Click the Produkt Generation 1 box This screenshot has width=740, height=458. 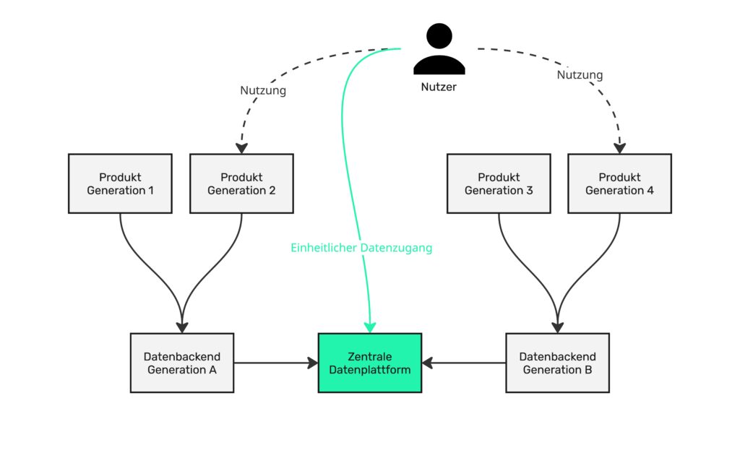pyautogui.click(x=120, y=183)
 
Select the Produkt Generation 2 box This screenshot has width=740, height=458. pyautogui.click(x=241, y=183)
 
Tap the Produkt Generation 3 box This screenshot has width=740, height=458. pyautogui.click(x=499, y=183)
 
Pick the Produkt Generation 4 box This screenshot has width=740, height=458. pyautogui.click(x=619, y=183)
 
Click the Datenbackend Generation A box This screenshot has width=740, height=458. pyautogui.click(x=182, y=363)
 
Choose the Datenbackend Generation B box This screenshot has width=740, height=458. pyautogui.click(x=557, y=363)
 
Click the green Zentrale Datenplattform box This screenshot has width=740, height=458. pyautogui.click(x=370, y=363)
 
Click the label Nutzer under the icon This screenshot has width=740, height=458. pyautogui.click(x=439, y=87)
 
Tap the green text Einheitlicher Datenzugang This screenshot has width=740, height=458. pyautogui.click(x=361, y=248)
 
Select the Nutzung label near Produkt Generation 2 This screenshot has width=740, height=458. pyautogui.click(x=263, y=91)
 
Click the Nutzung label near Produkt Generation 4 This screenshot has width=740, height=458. pyautogui.click(x=580, y=74)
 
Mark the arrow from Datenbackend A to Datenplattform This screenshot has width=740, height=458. pyautogui.click(x=275, y=363)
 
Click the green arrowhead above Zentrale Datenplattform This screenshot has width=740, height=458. pyautogui.click(x=370, y=327)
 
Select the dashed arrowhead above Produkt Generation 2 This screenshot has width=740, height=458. pyautogui.click(x=242, y=147)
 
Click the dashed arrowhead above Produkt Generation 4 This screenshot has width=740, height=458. pyautogui.click(x=619, y=147)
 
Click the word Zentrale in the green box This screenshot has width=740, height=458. pyautogui.click(x=369, y=356)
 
